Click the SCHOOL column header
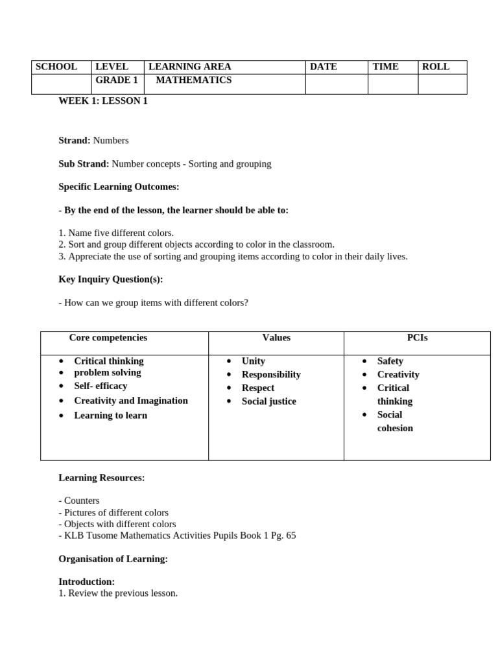56,67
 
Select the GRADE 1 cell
117,80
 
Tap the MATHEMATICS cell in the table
193,80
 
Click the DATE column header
323,67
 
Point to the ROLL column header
436,67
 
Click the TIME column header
385,67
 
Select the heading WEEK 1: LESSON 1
103,101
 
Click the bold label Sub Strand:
84,164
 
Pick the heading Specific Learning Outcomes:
119,187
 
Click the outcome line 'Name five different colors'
121,233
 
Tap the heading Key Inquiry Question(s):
111,279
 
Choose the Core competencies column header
108,338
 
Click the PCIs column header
417,338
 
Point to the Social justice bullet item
268,401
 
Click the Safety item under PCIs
390,361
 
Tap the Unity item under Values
253,361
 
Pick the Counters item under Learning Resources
81,501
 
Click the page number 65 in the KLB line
290,536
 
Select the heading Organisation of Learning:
113,559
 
